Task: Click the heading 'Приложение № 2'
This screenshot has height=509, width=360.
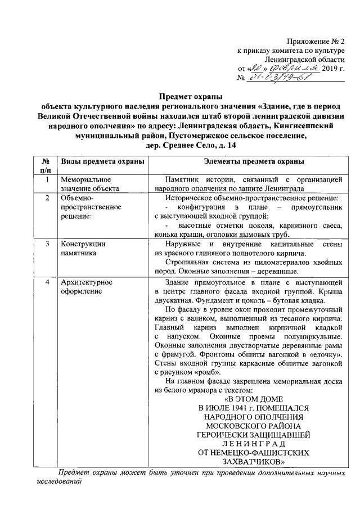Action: point(314,41)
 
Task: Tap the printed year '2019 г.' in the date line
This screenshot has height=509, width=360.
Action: point(332,69)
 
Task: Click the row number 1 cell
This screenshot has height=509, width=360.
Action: point(48,180)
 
